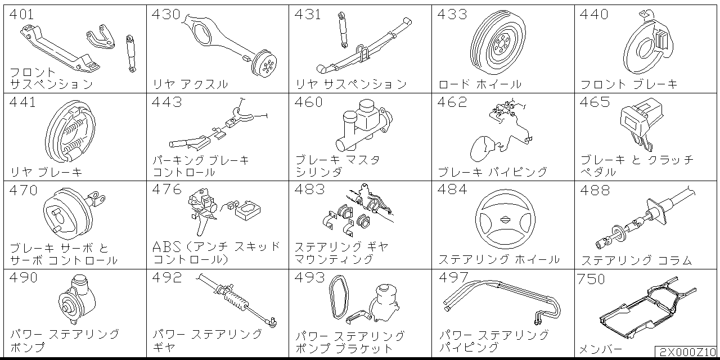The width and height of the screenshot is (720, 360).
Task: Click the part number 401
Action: click(x=21, y=15)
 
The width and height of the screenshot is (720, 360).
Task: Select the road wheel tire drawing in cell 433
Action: click(x=498, y=42)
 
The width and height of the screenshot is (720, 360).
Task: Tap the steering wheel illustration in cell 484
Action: click(x=505, y=219)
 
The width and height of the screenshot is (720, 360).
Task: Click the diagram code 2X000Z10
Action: click(x=687, y=352)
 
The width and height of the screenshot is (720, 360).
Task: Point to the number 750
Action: click(x=591, y=279)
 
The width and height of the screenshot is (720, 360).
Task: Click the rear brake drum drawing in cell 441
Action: click(x=70, y=131)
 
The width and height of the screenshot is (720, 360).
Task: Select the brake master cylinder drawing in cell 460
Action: click(x=364, y=125)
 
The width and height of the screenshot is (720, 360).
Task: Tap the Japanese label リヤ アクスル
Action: click(x=190, y=84)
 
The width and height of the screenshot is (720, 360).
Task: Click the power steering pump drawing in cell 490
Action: click(x=77, y=299)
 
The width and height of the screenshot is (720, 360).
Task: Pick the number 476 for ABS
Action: click(x=166, y=190)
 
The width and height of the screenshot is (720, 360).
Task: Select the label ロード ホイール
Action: click(x=480, y=84)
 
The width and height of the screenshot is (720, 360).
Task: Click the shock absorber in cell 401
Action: click(x=131, y=53)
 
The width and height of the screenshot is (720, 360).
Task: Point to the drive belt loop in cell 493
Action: click(x=339, y=297)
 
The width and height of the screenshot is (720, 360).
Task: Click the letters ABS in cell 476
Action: click(x=167, y=247)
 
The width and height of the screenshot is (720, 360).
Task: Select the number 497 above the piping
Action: click(x=453, y=277)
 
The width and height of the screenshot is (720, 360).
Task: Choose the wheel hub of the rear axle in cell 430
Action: click(x=264, y=64)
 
